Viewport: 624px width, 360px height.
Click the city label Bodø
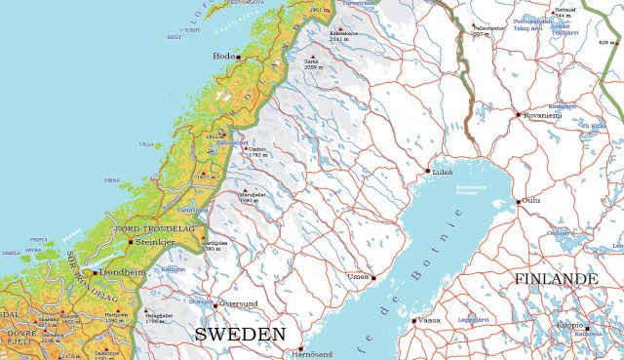coord(223,57)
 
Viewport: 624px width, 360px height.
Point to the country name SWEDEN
coord(240,335)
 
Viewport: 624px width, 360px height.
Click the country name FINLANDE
coord(555,279)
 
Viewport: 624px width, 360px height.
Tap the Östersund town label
coord(236,303)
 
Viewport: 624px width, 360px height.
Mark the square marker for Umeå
coord(373,277)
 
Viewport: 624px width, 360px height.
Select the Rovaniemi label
coord(544,113)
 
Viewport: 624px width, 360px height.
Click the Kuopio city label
coord(568,325)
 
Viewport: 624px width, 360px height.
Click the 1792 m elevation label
coord(257,155)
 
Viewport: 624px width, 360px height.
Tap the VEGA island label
coord(146,144)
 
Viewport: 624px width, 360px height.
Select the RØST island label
coord(175,37)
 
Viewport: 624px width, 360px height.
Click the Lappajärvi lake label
coord(472,318)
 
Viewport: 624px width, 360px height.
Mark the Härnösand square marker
coord(300,348)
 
